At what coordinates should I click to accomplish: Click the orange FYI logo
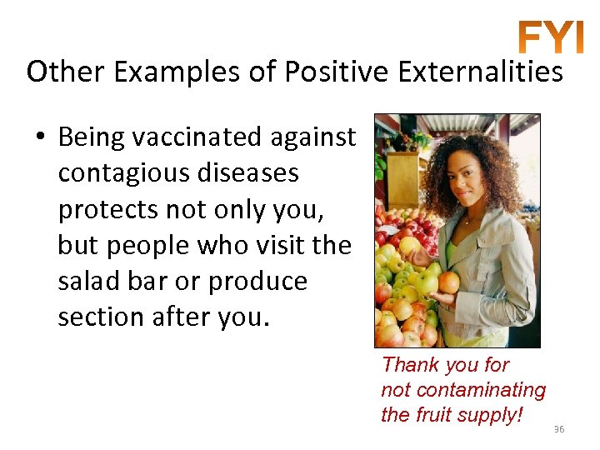(550, 37)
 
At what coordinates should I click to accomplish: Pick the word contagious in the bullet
(123, 173)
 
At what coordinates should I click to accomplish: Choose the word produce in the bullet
(258, 282)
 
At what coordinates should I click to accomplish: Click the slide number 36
(559, 429)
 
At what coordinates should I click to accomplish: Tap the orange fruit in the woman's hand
(449, 282)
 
